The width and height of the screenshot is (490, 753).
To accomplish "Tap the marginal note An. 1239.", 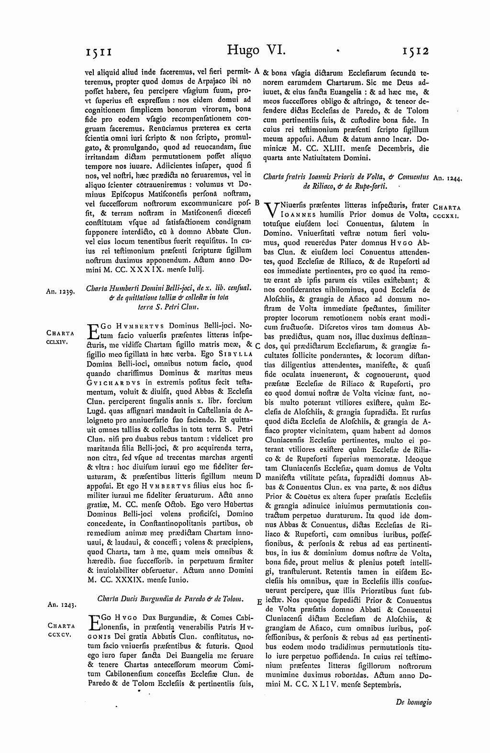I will click(59, 291).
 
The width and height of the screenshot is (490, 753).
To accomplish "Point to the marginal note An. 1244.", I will click(446, 178).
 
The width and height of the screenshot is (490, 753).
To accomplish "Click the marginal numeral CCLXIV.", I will click(59, 342).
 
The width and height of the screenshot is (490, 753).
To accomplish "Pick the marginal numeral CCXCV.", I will click(59, 635).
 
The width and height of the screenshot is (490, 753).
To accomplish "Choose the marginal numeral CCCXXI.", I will click(446, 216).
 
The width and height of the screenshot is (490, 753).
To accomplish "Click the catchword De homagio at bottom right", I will click(414, 702).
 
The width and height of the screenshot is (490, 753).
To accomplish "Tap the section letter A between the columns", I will click(256, 70).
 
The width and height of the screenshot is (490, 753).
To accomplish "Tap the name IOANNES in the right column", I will click(301, 215).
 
